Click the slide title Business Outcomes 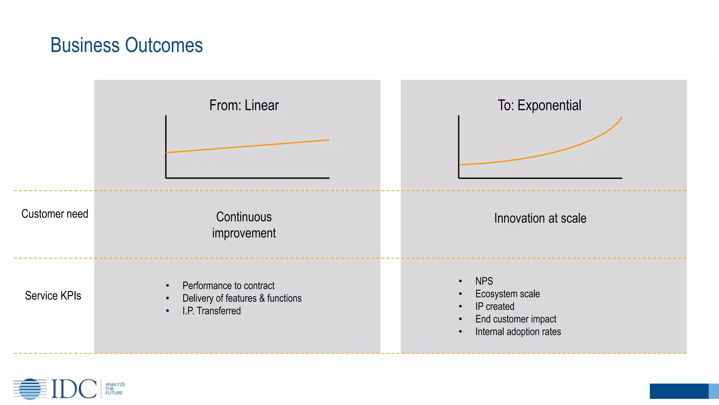coord(126,45)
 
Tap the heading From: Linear coord(244,105)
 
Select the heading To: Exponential coord(539,105)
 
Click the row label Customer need coord(55,214)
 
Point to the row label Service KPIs coord(53,296)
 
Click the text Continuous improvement coord(244,225)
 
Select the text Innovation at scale coord(540,218)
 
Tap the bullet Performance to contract coord(228,285)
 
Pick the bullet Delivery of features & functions coord(242,298)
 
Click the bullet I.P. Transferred coord(211,311)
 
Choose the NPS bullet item coord(484,281)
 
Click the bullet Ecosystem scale coord(507,294)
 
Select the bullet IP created coord(495,306)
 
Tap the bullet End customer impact coord(516,319)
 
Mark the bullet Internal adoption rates coord(518,332)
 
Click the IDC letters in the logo coord(74,389)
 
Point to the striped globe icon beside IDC coord(30,389)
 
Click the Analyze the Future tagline coord(115,389)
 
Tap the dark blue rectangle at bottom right coord(679,391)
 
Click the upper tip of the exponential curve coord(621,118)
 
